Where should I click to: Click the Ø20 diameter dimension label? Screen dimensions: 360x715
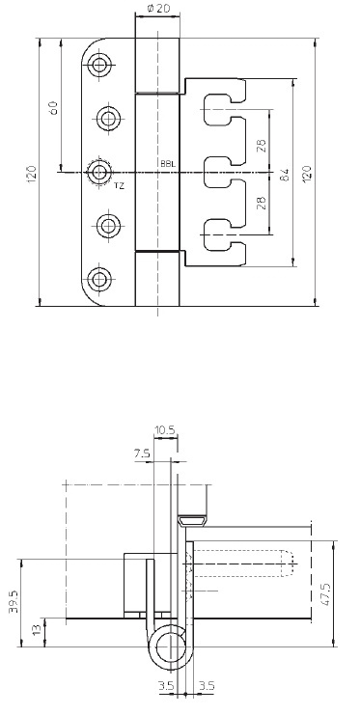pyautogui.click(x=157, y=8)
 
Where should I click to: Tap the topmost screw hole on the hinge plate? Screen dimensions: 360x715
pyautogui.click(x=98, y=65)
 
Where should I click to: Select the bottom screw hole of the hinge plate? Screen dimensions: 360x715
pyautogui.click(x=98, y=279)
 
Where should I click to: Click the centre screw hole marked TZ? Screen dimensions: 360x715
pyautogui.click(x=99, y=172)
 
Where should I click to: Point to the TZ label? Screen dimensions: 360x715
pyautogui.click(x=119, y=185)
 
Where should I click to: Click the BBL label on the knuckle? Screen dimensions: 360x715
pyautogui.click(x=167, y=163)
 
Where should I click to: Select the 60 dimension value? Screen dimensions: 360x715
pyautogui.click(x=53, y=108)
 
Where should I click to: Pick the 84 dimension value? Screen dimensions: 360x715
pyautogui.click(x=285, y=175)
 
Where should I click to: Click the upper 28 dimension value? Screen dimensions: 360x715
pyautogui.click(x=262, y=145)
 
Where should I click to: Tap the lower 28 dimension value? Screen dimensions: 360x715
pyautogui.click(x=262, y=203)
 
